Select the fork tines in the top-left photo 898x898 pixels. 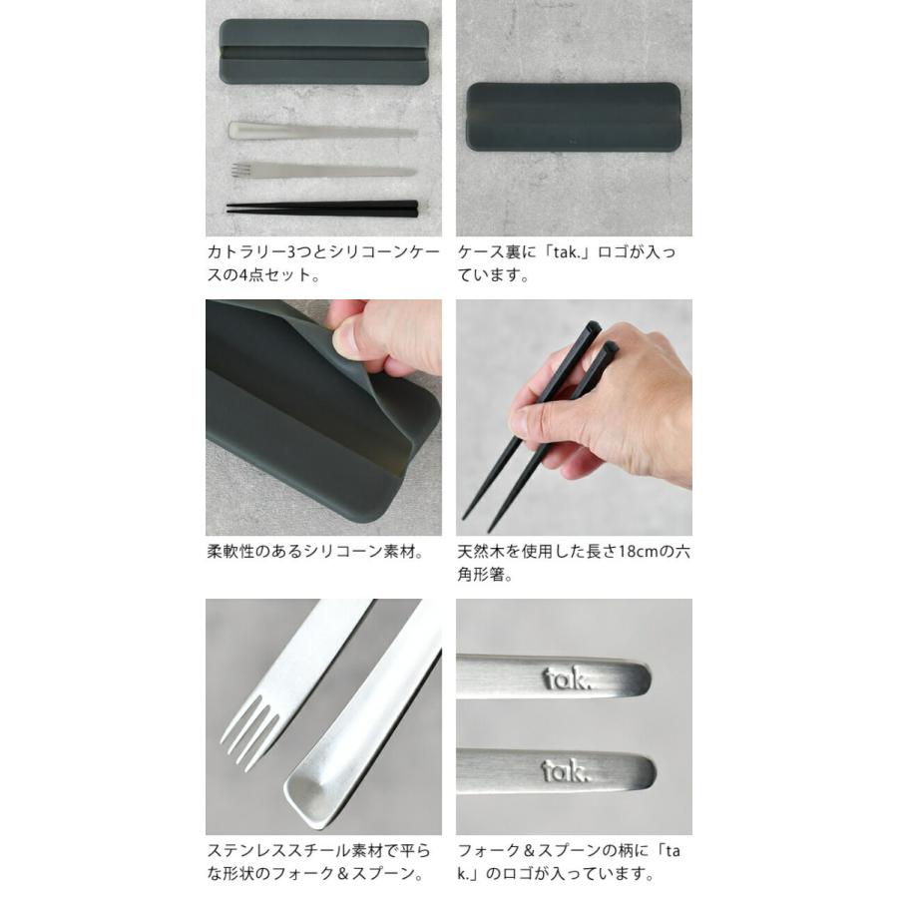[239, 170]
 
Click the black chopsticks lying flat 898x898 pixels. [321, 208]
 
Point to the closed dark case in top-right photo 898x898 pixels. [573, 117]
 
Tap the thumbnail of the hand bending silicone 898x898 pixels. [323, 417]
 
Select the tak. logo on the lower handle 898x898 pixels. [566, 770]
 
